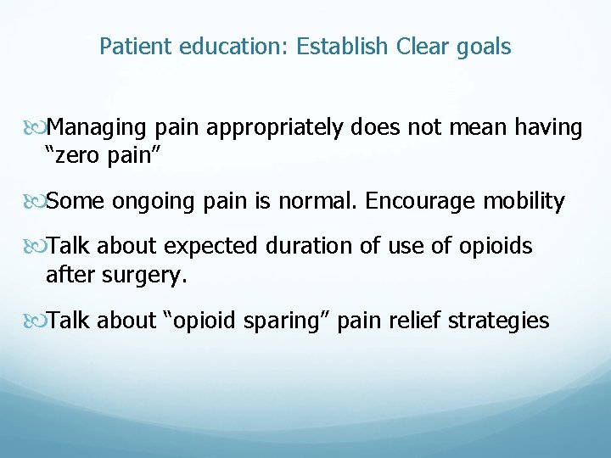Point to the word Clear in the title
423,46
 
